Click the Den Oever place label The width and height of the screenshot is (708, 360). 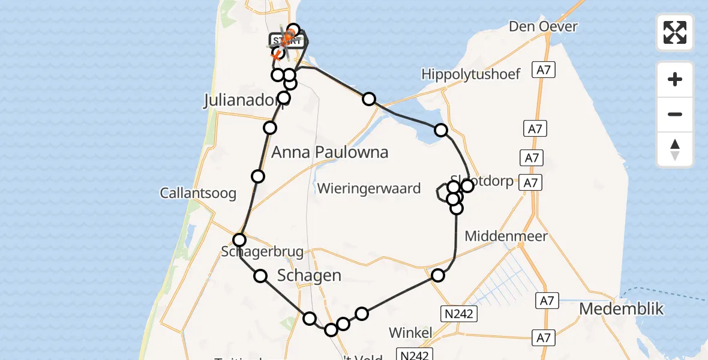(x=543, y=26)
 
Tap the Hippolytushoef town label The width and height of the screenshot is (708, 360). (x=471, y=74)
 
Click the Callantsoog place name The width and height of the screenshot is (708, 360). (x=198, y=193)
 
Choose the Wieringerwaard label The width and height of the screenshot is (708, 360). (x=369, y=188)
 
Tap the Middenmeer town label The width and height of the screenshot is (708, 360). (x=506, y=236)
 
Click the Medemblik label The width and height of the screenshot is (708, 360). (x=622, y=309)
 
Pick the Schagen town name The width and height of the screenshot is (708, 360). (x=309, y=275)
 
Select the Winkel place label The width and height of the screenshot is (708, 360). (x=411, y=332)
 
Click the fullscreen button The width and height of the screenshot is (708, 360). (x=675, y=32)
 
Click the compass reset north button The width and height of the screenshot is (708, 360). (x=675, y=149)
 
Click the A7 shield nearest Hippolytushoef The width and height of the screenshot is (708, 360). (x=544, y=70)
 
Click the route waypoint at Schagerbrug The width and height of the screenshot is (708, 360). (x=239, y=241)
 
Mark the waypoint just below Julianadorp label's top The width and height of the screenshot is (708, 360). (x=284, y=98)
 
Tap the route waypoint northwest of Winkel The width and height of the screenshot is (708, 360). (x=362, y=314)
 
